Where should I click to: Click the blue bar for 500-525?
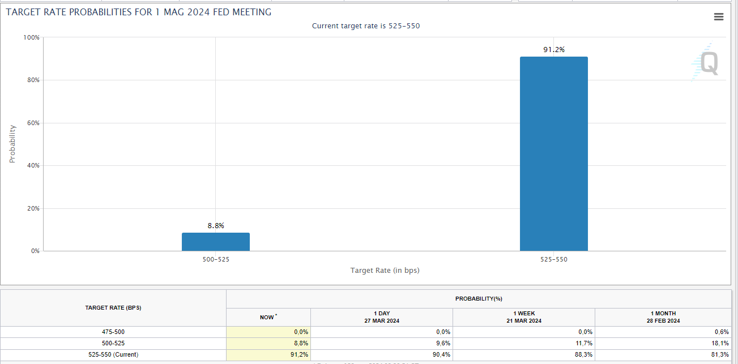215,242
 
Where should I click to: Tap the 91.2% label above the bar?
553,50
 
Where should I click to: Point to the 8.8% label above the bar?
215,225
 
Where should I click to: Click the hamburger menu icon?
719,17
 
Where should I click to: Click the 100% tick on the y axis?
31,37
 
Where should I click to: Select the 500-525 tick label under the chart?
215,260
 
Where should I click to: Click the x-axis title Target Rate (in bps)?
385,271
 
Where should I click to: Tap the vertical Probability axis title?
12,144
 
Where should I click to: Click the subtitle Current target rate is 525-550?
366,26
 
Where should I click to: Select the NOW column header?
267,317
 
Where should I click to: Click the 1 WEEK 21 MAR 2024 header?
523,317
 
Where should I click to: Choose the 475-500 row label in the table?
113,332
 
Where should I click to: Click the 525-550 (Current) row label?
113,355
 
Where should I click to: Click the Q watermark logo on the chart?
708,63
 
